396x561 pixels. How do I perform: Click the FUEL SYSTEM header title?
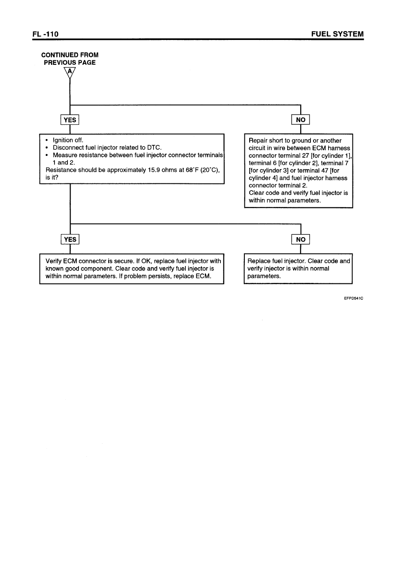(337, 34)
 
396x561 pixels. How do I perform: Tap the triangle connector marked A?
(70, 72)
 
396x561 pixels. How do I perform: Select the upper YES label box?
(70, 120)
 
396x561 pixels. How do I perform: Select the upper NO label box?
(301, 120)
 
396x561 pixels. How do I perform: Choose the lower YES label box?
(70, 239)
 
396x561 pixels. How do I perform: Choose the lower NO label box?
(301, 239)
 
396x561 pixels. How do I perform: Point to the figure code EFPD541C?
(353, 298)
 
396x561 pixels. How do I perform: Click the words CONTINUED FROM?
(70, 55)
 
